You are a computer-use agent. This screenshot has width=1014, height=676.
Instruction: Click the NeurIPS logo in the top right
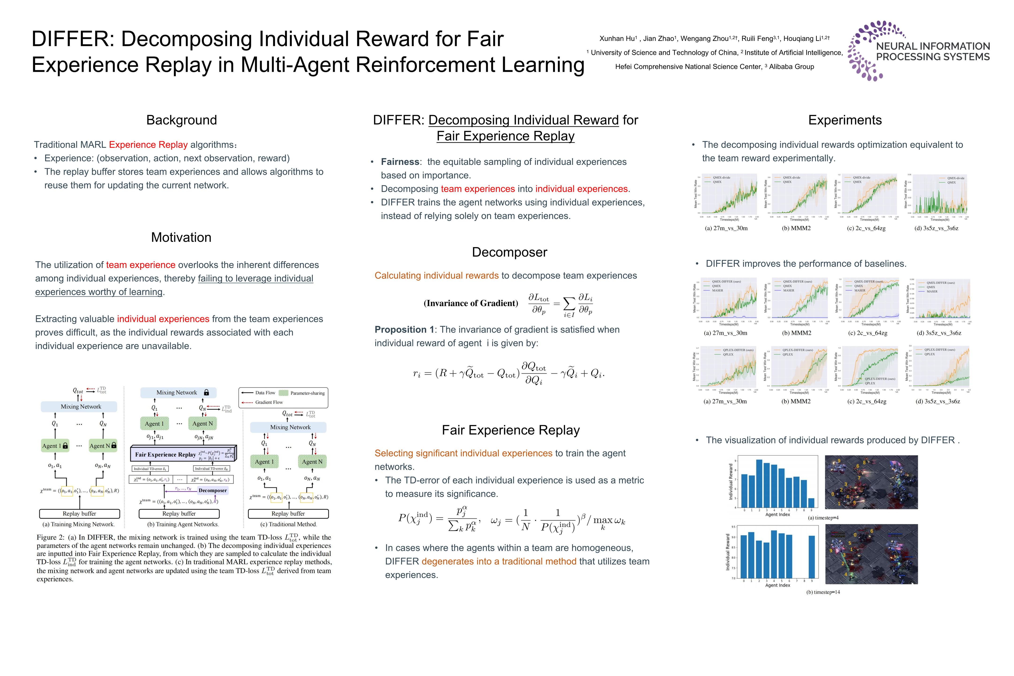(x=918, y=51)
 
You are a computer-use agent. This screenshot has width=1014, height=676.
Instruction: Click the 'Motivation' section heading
(x=181, y=238)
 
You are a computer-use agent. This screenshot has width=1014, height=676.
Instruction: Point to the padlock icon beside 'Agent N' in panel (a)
(x=114, y=445)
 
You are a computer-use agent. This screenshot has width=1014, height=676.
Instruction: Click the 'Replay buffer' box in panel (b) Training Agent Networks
(x=179, y=514)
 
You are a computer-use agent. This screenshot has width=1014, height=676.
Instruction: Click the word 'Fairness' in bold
(x=400, y=162)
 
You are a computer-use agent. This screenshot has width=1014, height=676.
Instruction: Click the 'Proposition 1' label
(x=400, y=330)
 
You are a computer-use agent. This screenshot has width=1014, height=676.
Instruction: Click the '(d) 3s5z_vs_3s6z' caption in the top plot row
(x=936, y=228)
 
